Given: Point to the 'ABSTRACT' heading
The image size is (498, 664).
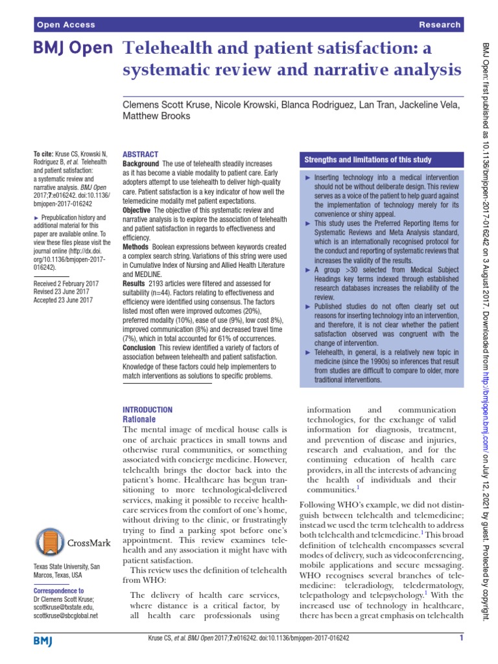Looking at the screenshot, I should [140, 154].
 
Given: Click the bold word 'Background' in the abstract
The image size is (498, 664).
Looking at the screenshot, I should [141, 164].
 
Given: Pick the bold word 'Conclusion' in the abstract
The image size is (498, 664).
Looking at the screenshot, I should [141, 348].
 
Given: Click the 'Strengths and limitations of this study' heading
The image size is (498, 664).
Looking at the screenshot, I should [368, 160].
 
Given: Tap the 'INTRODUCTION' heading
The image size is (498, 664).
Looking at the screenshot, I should [148, 410].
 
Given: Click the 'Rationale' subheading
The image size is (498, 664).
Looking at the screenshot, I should [140, 420].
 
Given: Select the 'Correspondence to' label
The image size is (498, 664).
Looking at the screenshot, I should [58, 591].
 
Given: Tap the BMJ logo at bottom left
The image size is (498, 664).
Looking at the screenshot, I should [43, 641].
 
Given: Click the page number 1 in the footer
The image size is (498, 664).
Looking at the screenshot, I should [460, 639].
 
